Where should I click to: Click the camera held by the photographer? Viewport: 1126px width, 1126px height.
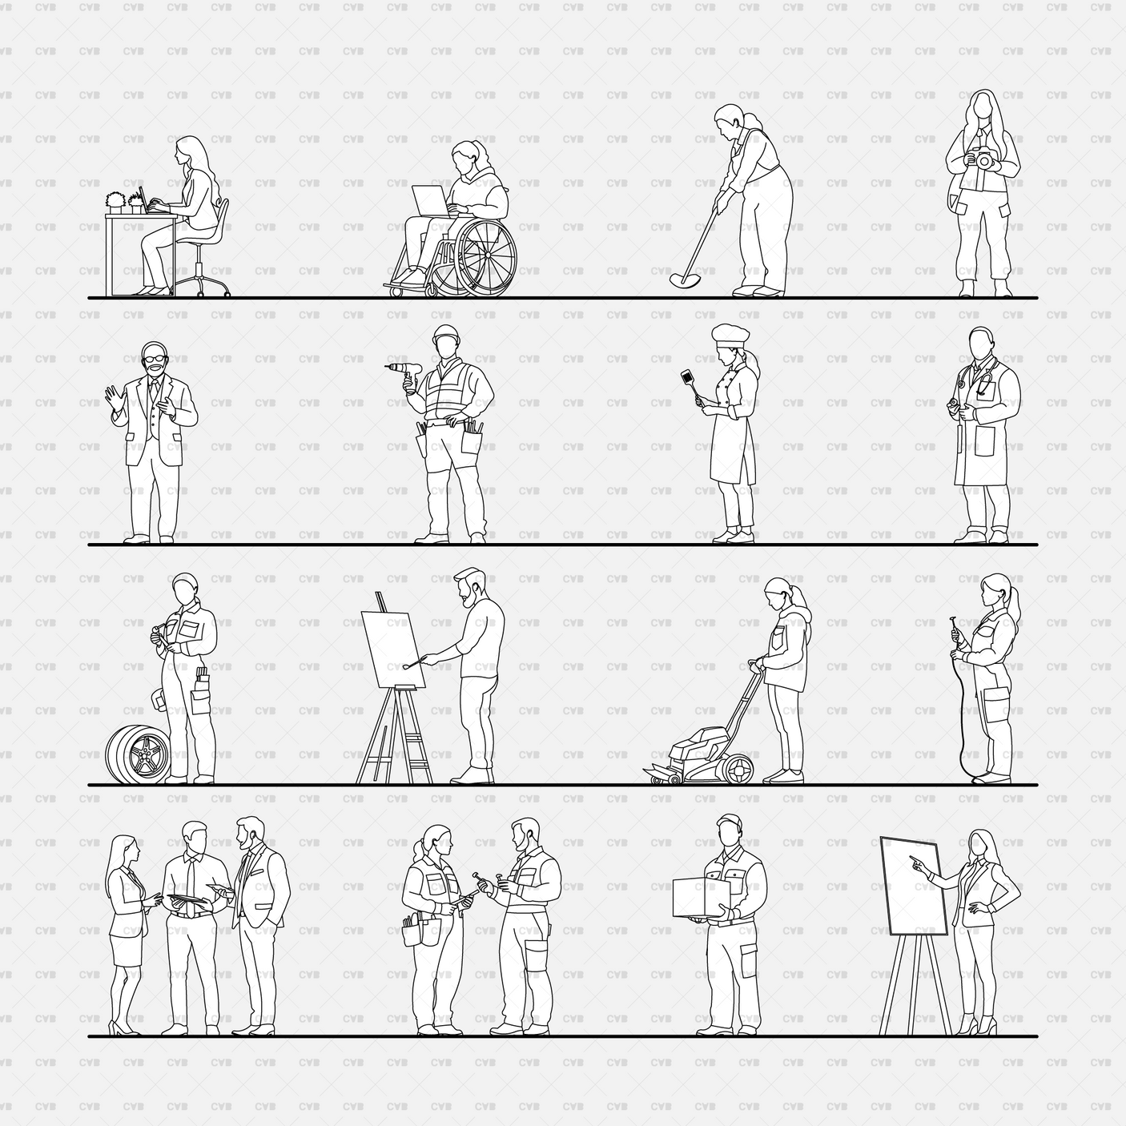[x=982, y=160]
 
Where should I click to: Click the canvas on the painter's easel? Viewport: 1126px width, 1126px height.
[x=392, y=649]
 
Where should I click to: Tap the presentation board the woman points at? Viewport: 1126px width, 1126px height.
[x=914, y=885]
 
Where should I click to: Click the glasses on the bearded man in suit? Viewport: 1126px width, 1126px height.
[x=152, y=356]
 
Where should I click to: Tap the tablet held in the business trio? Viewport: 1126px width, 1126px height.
[x=185, y=902]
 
